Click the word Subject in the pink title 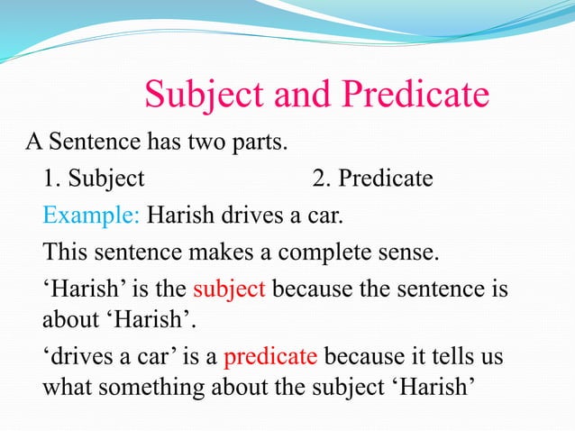(x=197, y=95)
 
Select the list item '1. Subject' (x=93, y=179)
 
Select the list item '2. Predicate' (x=372, y=179)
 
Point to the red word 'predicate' (x=269, y=356)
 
